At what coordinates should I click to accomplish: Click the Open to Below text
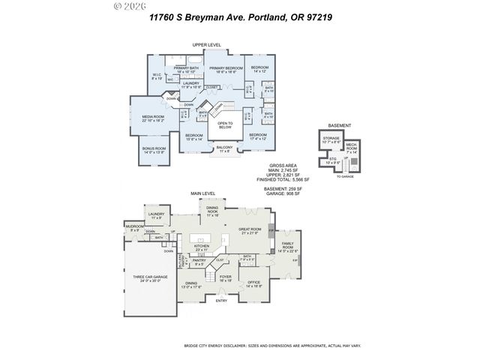click(225, 125)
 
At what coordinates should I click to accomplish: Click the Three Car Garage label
click(149, 279)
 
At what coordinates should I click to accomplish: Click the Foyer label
click(225, 277)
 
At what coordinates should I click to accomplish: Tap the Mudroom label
click(134, 227)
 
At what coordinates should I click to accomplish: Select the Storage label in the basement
click(331, 139)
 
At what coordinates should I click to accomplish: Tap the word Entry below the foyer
click(221, 301)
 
